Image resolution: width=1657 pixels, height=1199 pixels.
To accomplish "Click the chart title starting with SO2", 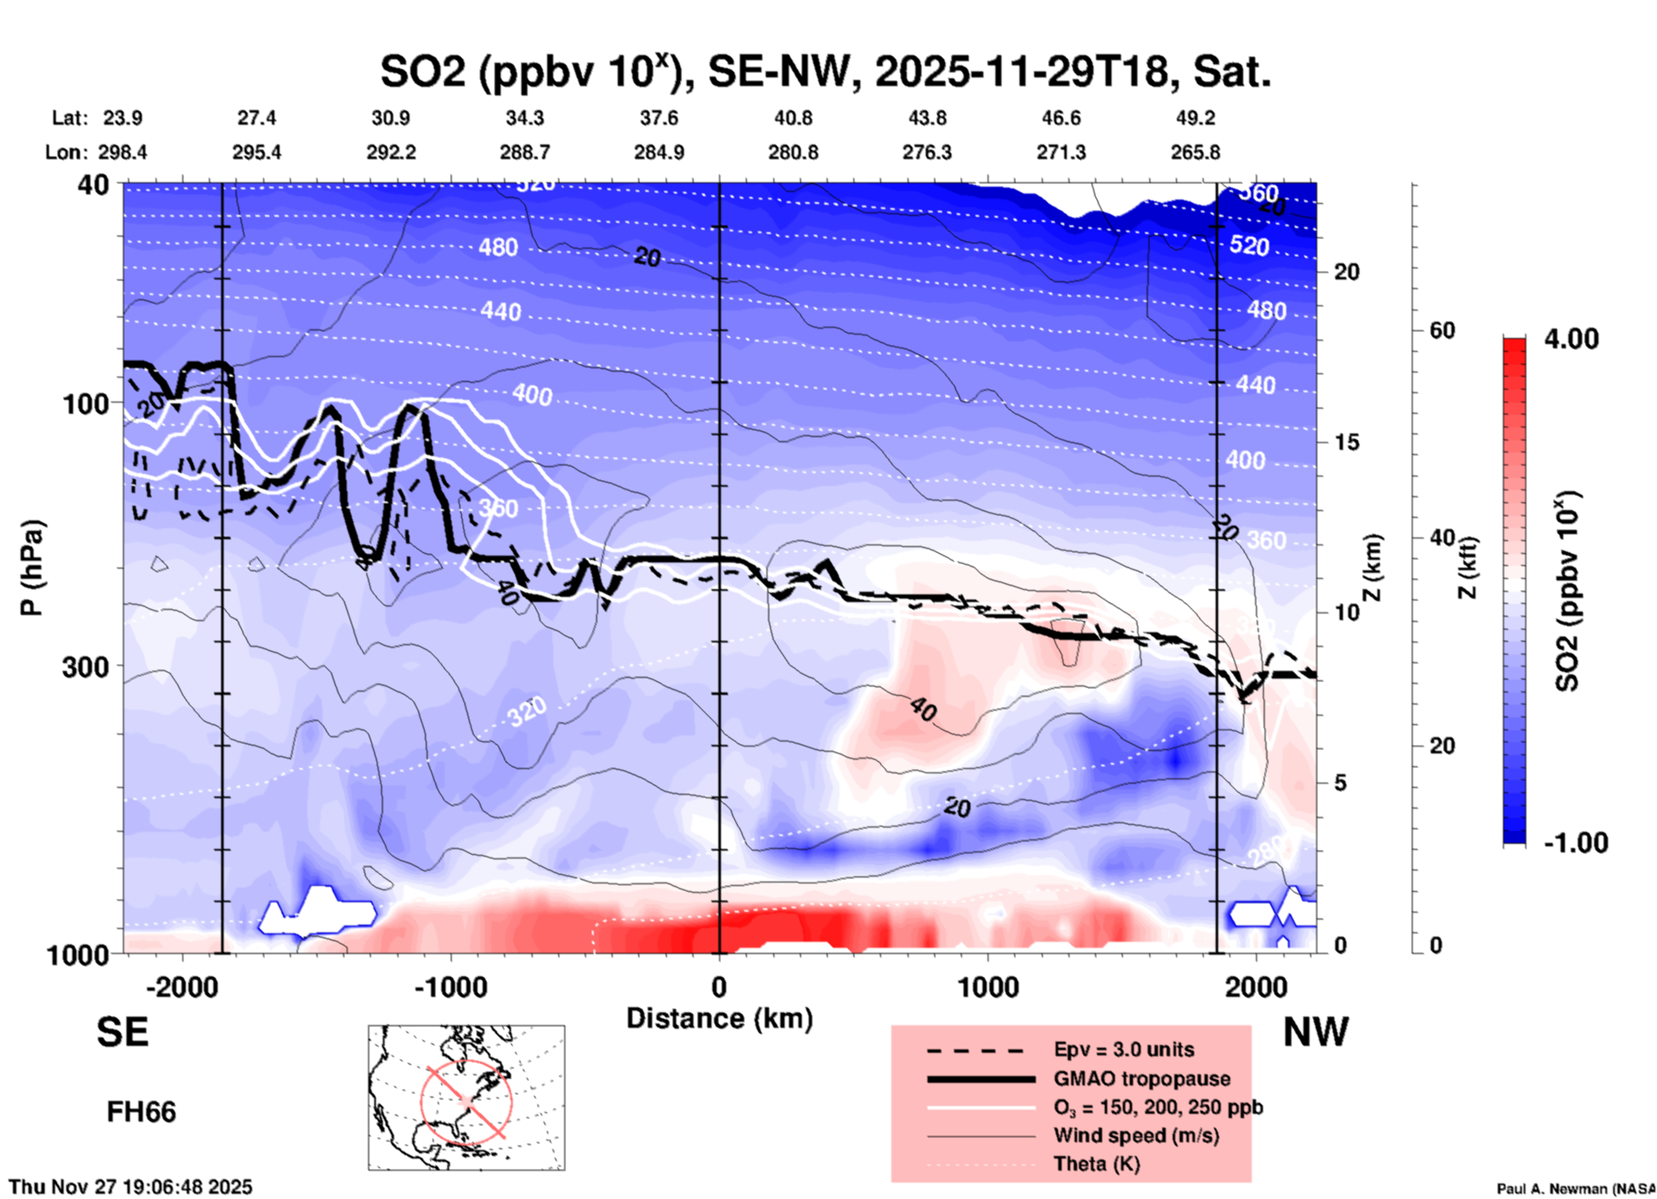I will coord(825,71).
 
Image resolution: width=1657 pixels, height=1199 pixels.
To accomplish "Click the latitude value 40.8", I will coord(792,118).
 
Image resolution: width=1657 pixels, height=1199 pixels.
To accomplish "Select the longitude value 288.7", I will coord(525,152).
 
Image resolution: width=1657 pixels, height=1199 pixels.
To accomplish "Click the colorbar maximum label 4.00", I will coord(1571,338).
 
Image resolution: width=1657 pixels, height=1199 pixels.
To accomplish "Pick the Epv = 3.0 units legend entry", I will coord(1124,1049).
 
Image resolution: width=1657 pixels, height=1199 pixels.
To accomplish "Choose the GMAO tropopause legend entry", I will coord(1142,1079).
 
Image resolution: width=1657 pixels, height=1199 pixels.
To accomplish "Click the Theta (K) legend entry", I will coord(1096,1164).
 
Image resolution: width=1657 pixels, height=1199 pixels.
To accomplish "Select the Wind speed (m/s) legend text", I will coord(1136,1135).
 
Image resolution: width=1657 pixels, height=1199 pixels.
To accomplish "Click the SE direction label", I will coord(122,1032).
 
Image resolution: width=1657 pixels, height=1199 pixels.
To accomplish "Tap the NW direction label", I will coord(1315,1032).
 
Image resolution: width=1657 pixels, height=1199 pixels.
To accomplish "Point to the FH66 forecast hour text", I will coord(141,1112).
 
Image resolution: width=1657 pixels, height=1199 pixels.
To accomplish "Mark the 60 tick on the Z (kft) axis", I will coord(1442,330).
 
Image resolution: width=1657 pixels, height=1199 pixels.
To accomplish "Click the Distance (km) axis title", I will coord(719,1018).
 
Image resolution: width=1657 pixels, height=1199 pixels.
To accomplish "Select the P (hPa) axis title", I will coord(32,568).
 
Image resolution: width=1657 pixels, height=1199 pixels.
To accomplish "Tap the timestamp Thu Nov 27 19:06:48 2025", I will coord(131,1187).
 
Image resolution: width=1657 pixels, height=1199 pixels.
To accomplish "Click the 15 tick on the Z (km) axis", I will coord(1346,442).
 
